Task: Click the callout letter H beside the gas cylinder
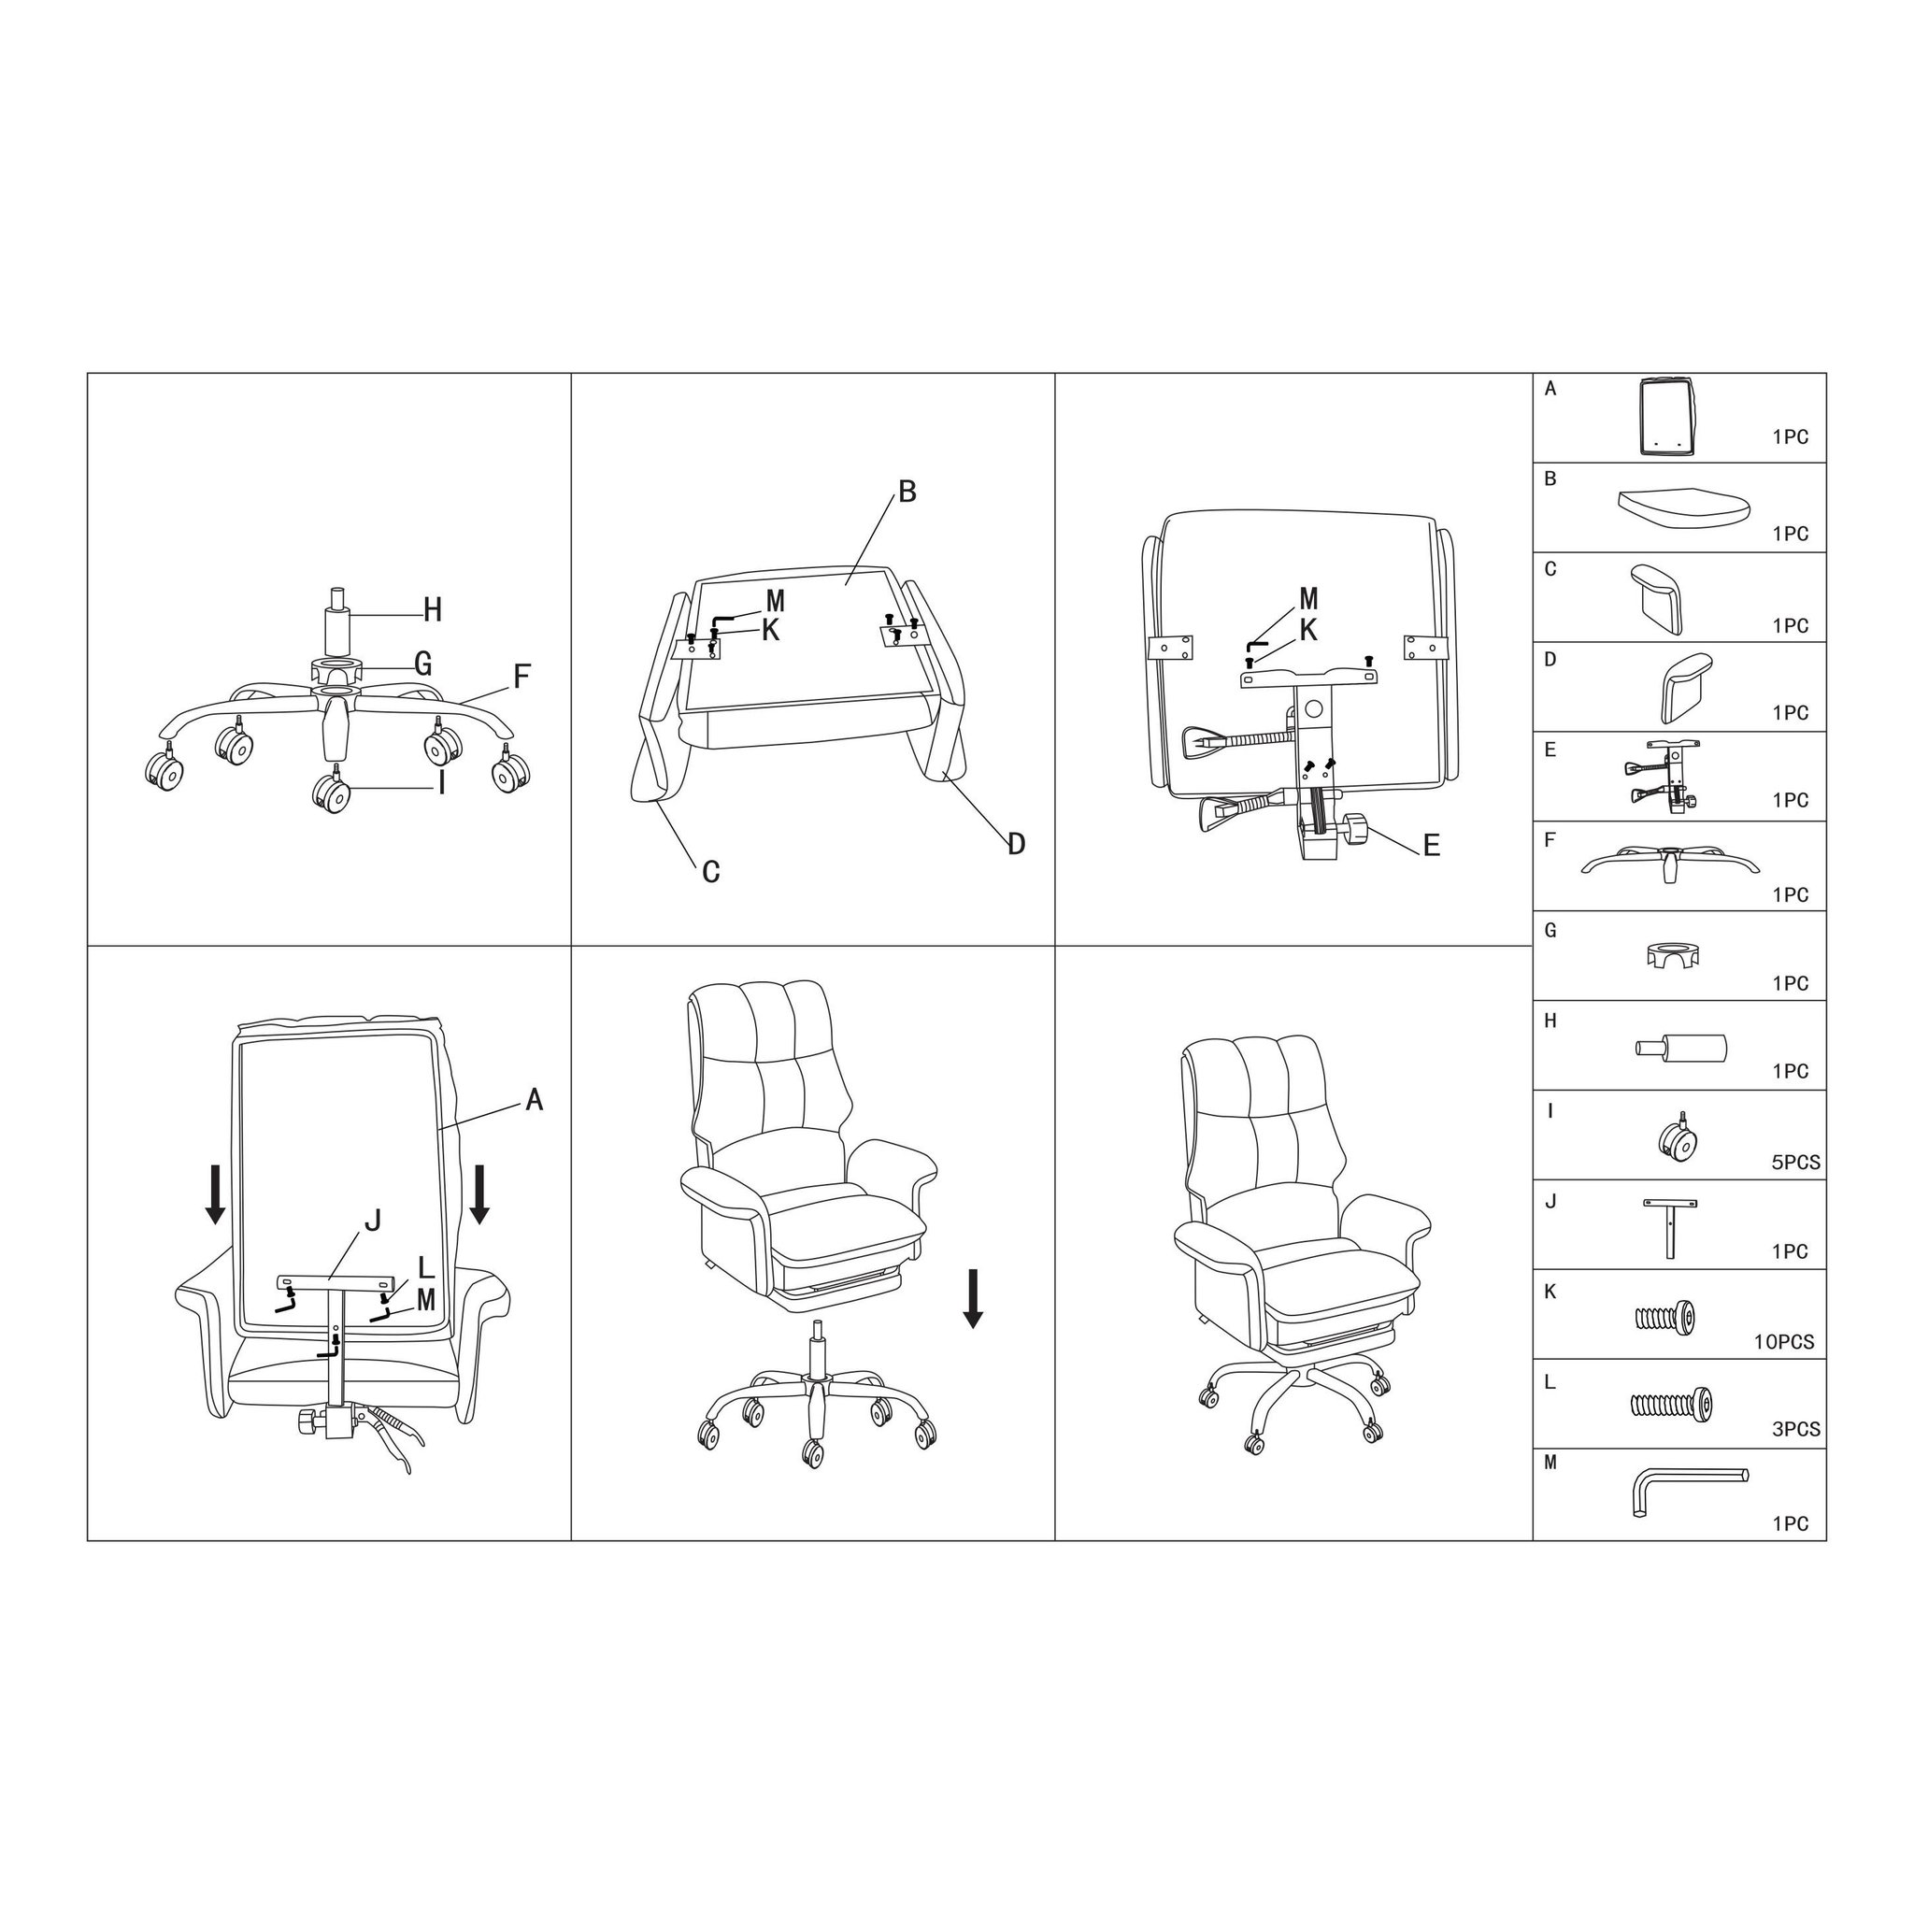click(x=432, y=610)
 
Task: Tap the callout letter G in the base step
click(x=423, y=664)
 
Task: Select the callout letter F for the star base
click(x=521, y=677)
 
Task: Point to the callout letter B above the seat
click(x=907, y=492)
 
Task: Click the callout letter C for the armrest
click(x=710, y=872)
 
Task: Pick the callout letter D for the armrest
click(x=1017, y=844)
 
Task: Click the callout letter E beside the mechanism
click(x=1431, y=845)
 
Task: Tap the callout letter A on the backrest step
click(x=534, y=1100)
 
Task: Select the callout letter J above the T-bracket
click(x=373, y=1221)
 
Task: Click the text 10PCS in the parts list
click(x=1784, y=1342)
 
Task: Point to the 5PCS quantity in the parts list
click(x=1796, y=1163)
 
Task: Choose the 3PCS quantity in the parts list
click(x=1796, y=1430)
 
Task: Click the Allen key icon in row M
click(x=1688, y=1492)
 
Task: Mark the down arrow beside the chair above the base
click(x=973, y=1299)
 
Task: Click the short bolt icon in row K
click(x=1664, y=1317)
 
